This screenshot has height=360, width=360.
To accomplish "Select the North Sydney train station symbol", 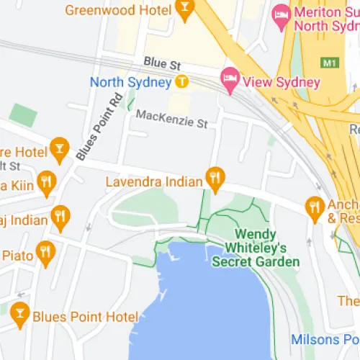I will [183, 82].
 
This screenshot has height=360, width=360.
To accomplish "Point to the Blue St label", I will [158, 63].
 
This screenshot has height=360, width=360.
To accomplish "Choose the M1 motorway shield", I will [330, 63].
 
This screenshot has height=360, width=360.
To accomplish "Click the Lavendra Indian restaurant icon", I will [214, 178].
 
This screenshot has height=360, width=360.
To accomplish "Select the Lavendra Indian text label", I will [153, 182].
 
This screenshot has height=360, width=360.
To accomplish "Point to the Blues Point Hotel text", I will [85, 317].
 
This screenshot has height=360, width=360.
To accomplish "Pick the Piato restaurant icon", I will [46, 253].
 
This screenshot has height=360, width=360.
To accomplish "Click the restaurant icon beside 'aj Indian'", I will [60, 216].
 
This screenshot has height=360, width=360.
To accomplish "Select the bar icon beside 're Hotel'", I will [59, 149].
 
